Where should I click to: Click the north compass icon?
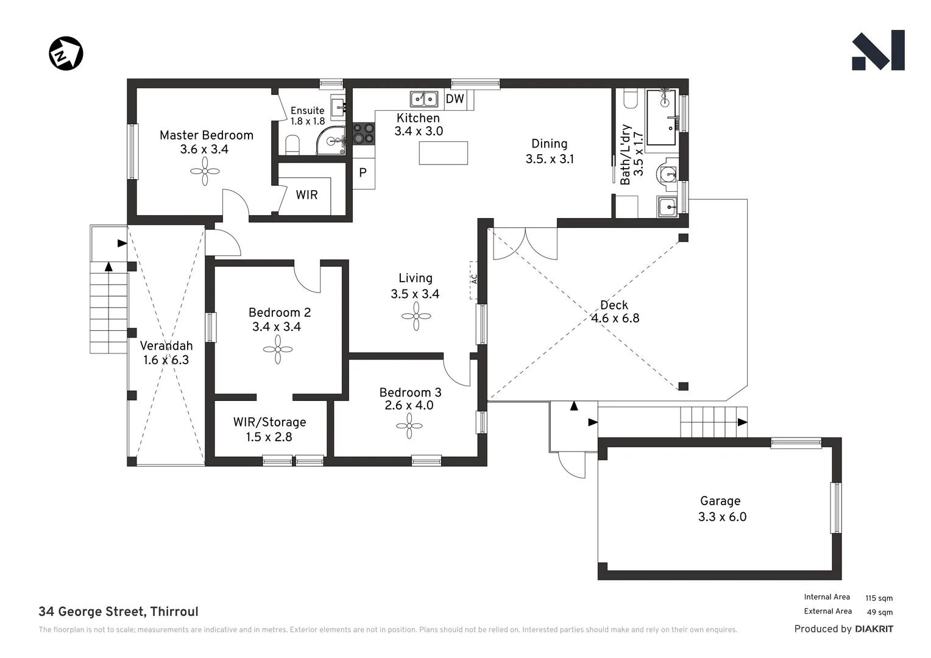point(66,53)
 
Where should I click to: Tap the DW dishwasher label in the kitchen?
point(455,99)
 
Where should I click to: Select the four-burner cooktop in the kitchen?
point(364,133)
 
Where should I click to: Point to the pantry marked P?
point(363,173)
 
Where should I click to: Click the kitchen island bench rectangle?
point(443,153)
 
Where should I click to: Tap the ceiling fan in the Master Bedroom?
point(205,171)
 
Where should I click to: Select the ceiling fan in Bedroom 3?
point(409,426)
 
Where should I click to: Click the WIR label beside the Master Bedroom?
point(306,195)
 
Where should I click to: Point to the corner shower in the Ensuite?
point(331,141)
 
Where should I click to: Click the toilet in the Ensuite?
point(292,145)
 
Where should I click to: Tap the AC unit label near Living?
point(474,279)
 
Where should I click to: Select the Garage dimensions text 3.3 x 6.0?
point(723,517)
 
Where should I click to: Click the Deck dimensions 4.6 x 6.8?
point(615,319)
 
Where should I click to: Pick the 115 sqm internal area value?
point(879,598)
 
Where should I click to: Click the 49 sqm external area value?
point(880,612)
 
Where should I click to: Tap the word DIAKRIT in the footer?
point(874,629)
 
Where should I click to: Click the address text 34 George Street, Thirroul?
point(118,612)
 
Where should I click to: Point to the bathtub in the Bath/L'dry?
point(661,118)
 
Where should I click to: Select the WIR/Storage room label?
point(270,422)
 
